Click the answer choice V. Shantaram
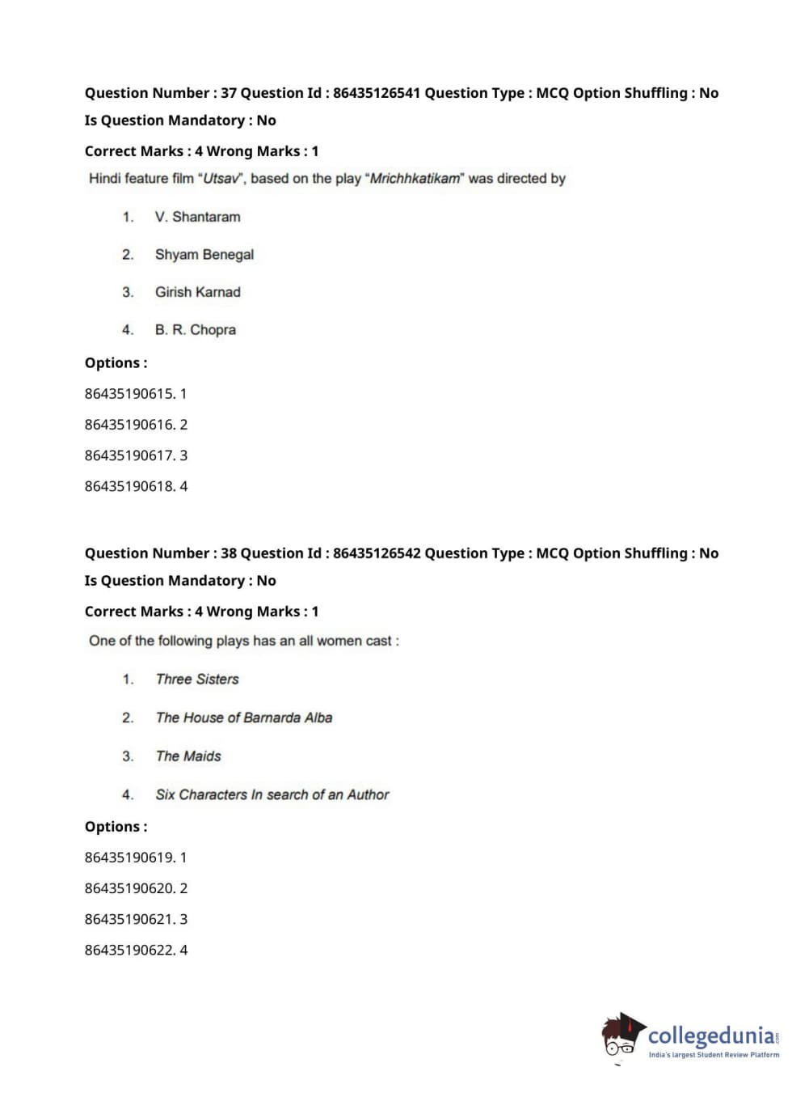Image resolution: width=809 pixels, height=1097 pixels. coord(197,217)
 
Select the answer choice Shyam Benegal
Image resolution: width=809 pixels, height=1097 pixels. coord(204,255)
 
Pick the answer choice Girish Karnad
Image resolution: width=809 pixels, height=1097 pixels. coord(197,292)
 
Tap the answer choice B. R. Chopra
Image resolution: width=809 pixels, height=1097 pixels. coord(195,330)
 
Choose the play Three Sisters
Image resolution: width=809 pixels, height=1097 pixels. coord(197,680)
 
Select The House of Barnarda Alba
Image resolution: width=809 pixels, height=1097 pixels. coord(243,718)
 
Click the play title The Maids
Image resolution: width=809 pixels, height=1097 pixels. coord(188,756)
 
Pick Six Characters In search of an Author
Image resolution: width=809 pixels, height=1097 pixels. coord(272,795)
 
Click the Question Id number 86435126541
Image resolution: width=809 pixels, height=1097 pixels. coord(377,93)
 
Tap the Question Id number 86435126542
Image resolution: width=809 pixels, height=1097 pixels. coord(377,553)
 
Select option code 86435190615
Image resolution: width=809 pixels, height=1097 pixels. coord(129,394)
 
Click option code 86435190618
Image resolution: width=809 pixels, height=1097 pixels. coord(129,486)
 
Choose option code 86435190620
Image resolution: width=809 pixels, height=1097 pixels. coord(129,888)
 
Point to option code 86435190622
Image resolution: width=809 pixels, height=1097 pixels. coord(129,950)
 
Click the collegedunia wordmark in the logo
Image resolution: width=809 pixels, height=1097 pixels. coord(711,1036)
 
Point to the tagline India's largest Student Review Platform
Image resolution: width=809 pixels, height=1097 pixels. coord(714,1055)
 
